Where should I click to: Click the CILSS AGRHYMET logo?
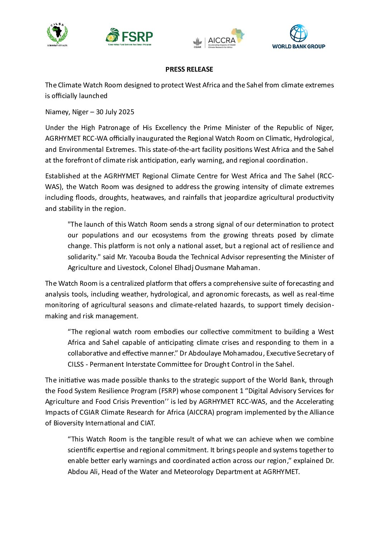point(57,35)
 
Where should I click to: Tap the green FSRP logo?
point(129,37)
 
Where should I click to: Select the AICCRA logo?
point(219,39)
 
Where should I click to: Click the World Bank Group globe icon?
point(298,33)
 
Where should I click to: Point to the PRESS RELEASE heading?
point(189,69)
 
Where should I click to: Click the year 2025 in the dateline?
point(126,112)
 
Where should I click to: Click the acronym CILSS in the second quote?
point(76,364)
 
